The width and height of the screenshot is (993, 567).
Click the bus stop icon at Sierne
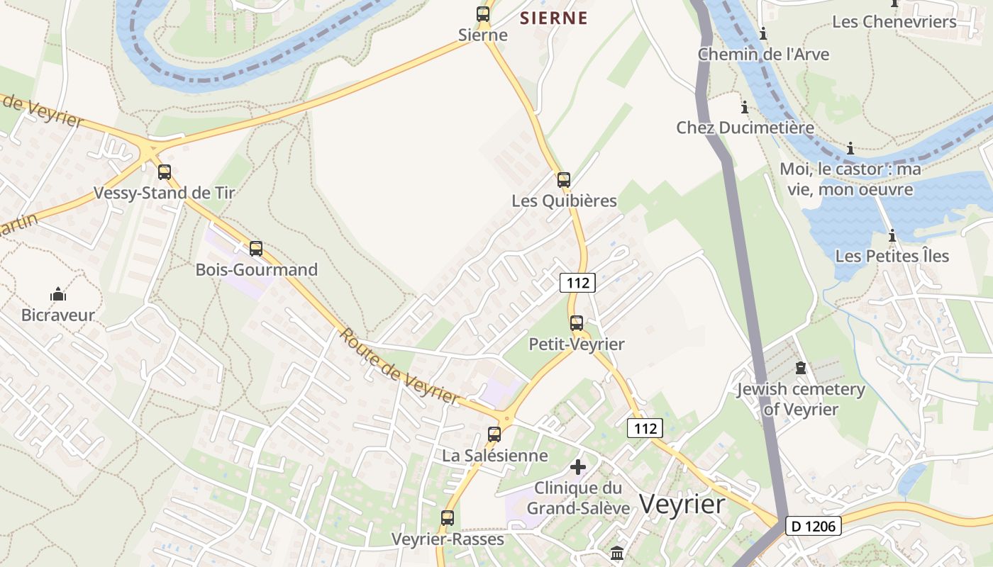tap(483, 14)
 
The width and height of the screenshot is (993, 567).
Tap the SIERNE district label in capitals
tap(553, 18)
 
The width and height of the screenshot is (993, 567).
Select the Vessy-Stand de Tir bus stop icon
tap(165, 172)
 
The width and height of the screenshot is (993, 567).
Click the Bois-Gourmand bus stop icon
tap(256, 249)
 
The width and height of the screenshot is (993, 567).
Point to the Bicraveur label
tap(58, 315)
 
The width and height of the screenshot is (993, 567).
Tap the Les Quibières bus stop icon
tap(564, 180)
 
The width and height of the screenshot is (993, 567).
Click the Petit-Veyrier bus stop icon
tap(577, 323)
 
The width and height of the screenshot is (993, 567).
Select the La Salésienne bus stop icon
tap(494, 434)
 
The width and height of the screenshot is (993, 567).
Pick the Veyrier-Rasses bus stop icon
tap(448, 518)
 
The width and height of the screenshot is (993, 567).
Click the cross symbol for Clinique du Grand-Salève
tap(579, 467)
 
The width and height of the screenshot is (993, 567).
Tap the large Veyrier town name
tap(682, 505)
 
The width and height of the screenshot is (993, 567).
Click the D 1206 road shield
tap(814, 526)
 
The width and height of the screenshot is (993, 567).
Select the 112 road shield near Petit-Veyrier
tap(577, 283)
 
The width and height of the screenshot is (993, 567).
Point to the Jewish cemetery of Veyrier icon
tap(801, 368)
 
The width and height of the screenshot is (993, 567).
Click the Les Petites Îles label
tap(892, 256)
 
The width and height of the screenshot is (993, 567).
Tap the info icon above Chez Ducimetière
tap(745, 108)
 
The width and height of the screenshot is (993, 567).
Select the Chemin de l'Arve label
tap(763, 55)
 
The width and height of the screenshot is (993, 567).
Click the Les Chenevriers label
tap(894, 22)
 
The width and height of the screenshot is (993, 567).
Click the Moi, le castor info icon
tap(850, 149)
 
